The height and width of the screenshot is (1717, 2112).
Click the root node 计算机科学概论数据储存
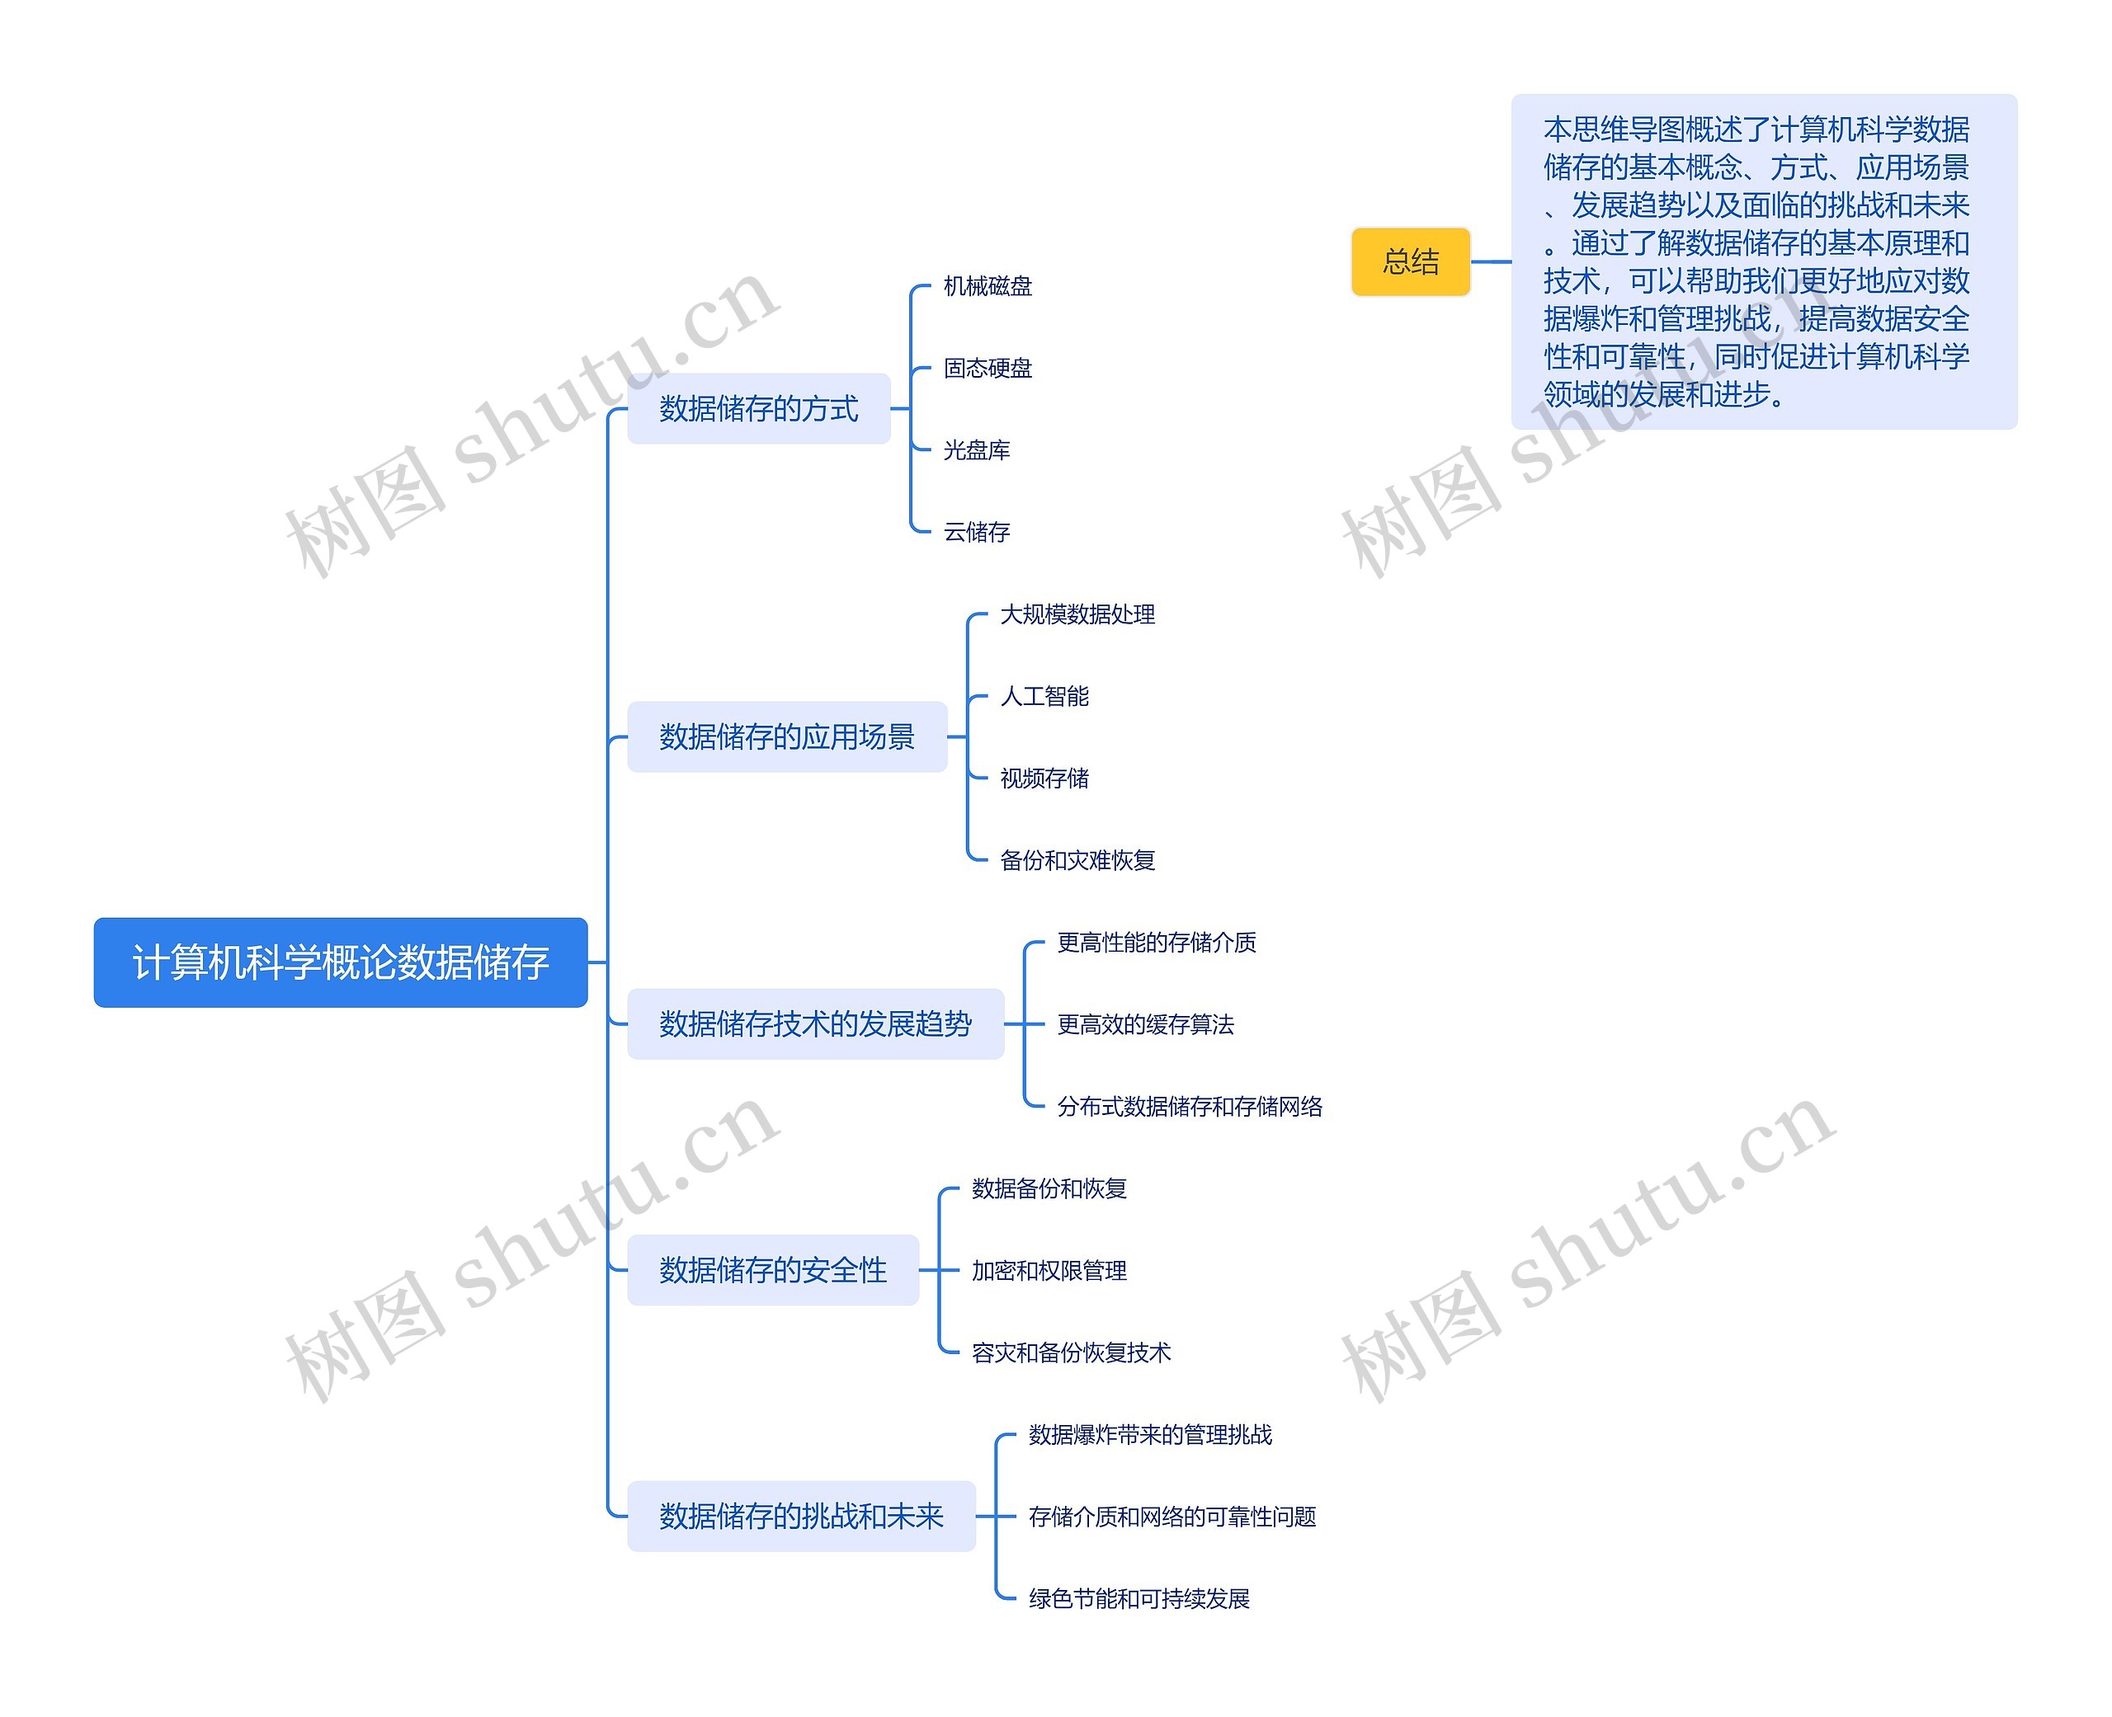coord(340,962)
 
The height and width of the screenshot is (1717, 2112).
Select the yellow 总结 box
coord(1410,262)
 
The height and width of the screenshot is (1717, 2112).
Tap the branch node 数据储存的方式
coord(759,408)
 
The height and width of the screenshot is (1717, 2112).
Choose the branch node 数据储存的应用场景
coord(786,736)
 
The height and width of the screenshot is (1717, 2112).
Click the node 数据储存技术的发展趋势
coord(815,1023)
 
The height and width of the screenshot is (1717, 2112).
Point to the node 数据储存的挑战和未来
coord(801,1517)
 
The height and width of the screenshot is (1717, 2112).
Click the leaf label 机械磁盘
coord(988,287)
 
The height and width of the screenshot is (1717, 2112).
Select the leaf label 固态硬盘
coord(988,369)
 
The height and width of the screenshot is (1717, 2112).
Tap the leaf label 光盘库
coord(976,451)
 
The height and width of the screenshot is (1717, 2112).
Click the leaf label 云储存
coord(976,533)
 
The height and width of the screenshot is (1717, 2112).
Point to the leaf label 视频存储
coord(1044,779)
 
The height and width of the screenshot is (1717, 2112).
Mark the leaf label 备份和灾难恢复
coord(1077,860)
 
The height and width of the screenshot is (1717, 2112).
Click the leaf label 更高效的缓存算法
coord(1146,1024)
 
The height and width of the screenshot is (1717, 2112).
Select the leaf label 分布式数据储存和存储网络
coord(1189,1107)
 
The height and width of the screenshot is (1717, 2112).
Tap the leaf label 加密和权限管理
coord(1049,1271)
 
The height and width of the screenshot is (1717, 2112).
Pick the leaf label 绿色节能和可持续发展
coord(1138,1599)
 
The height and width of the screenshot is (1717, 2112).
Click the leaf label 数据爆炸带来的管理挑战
coord(1149,1435)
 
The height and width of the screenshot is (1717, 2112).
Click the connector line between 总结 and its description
coord(1491,262)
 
